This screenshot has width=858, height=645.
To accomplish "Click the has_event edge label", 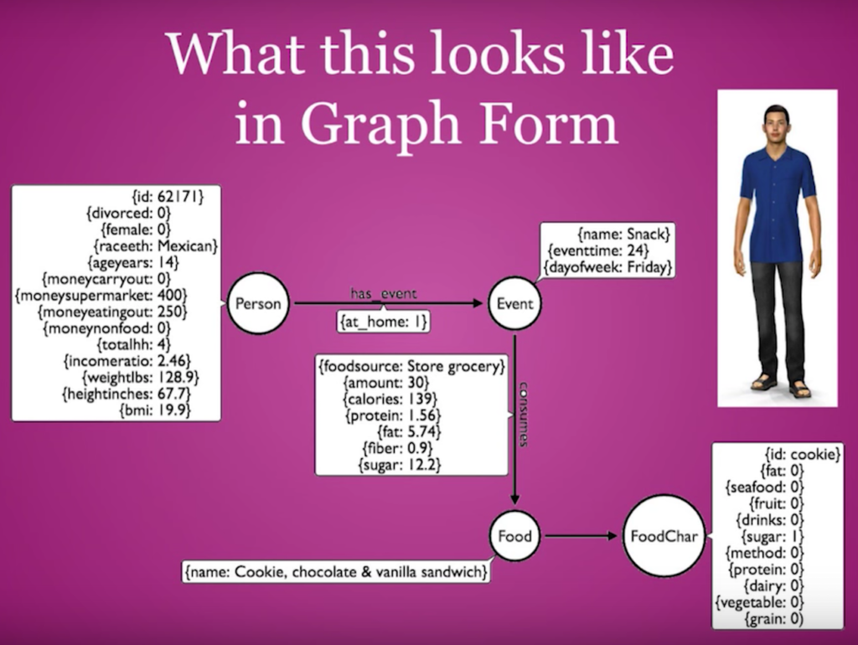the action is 383,294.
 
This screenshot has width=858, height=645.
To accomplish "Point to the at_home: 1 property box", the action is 383,322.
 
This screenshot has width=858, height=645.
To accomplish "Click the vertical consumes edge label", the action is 523,414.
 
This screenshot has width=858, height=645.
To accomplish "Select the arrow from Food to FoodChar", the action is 581,535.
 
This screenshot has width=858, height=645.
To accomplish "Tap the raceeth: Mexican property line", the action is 155,245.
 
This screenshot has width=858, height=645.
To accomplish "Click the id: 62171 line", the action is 168,196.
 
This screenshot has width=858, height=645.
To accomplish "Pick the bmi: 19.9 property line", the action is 155,410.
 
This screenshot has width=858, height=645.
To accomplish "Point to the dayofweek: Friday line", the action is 607,267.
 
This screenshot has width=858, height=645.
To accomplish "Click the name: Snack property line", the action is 623,235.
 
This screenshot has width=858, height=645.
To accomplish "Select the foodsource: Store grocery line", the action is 411,366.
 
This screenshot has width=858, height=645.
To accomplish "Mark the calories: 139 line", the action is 390,399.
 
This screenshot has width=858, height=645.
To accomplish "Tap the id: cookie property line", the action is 802,454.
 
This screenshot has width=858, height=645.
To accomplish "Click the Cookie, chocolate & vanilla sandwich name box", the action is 336,571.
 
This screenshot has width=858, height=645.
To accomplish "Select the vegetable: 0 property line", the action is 759,602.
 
